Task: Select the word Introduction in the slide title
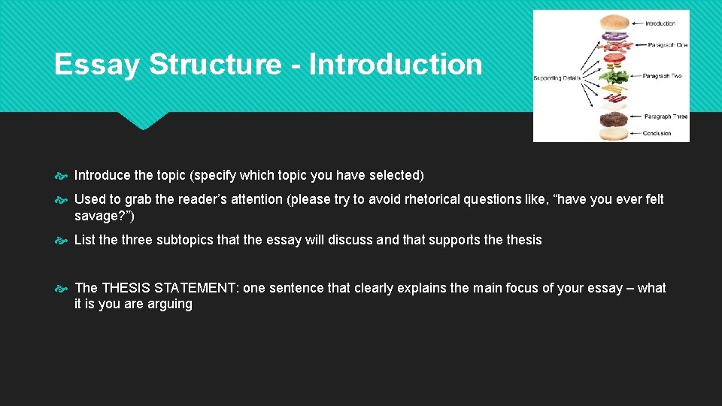pos(396,65)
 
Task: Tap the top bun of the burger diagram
pos(614,23)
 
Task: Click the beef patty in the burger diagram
pos(614,119)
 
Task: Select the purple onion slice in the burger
pos(614,37)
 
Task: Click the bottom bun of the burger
pos(614,133)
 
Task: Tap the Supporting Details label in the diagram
pos(557,77)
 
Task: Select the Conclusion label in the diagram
pos(657,133)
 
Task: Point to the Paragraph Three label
pos(665,117)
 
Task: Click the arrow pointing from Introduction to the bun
pos(637,24)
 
